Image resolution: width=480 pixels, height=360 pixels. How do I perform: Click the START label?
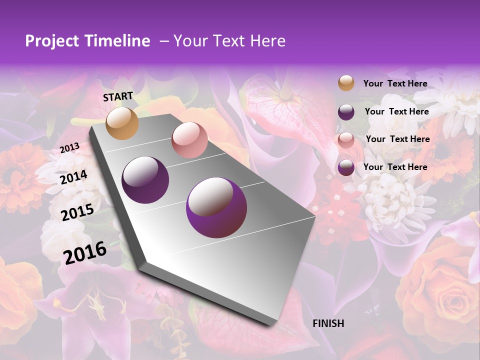click(118, 96)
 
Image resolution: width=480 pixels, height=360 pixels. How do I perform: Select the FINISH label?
click(328, 323)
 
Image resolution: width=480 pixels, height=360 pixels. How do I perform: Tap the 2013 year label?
click(69, 148)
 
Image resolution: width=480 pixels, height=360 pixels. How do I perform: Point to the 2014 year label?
click(73, 177)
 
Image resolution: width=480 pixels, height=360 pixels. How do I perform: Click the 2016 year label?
click(84, 253)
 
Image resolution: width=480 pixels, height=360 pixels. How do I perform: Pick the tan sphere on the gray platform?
click(122, 123)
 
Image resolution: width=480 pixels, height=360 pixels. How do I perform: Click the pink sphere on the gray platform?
click(189, 140)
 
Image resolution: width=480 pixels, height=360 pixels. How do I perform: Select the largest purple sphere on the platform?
click(216, 207)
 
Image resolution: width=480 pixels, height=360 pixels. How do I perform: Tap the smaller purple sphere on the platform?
click(145, 179)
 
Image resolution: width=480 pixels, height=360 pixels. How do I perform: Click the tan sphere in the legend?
click(346, 83)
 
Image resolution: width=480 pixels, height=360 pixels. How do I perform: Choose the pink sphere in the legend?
click(346, 139)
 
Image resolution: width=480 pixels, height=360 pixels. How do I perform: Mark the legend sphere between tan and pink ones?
click(346, 111)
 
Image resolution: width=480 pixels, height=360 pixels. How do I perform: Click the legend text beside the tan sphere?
click(395, 83)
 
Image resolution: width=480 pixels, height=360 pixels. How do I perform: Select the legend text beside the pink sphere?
click(397, 139)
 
